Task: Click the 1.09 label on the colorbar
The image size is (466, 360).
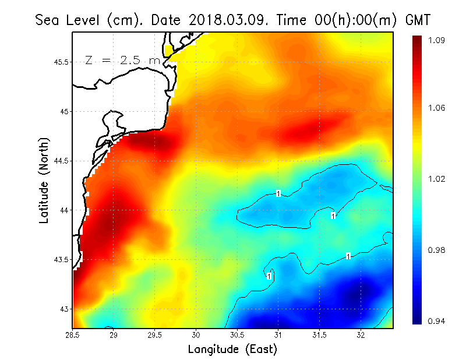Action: pos(437,40)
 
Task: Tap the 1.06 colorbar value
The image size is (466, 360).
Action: pos(437,108)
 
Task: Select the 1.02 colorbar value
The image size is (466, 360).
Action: pos(437,179)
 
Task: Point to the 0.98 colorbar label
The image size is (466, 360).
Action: pos(437,250)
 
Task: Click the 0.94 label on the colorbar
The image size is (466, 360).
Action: pos(437,321)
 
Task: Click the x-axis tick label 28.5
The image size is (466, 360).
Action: pos(72,335)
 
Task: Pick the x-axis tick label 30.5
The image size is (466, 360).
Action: pos(237,335)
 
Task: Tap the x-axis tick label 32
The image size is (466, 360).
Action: pos(361,335)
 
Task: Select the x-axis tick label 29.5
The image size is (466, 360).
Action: pos(155,335)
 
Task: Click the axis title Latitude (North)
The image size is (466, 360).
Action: pos(44,181)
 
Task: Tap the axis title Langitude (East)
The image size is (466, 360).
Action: pos(232,349)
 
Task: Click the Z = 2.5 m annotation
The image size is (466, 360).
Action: pos(122,60)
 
